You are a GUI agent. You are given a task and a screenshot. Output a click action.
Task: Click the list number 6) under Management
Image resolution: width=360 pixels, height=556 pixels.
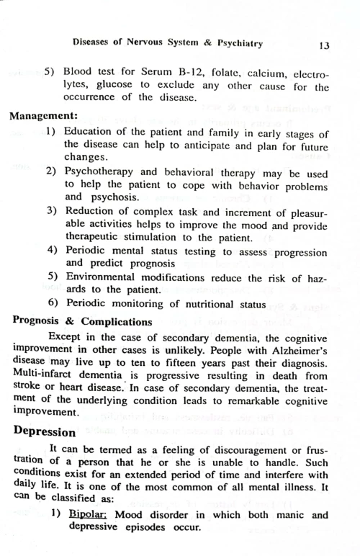53,302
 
